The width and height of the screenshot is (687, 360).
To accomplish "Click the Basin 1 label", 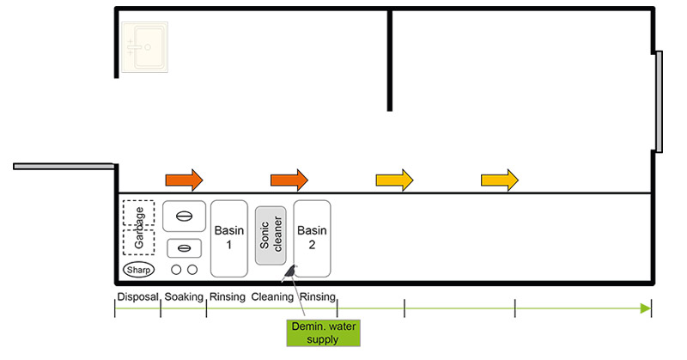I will coord(228,237).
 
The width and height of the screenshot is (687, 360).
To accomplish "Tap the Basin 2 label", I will coord(312,237).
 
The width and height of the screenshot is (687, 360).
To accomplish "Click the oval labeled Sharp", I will coord(138,270).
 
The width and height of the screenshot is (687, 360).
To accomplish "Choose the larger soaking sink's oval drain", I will coord(184,217).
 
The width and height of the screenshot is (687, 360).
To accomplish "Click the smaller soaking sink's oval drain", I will coord(184,248).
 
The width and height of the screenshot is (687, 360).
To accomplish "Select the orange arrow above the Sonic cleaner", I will coord(289,180).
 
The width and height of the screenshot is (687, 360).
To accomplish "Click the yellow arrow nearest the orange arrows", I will coord(394,180).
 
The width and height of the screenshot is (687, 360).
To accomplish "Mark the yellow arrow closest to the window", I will coord(500,180).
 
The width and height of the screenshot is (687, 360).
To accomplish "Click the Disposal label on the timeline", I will coord(137,297).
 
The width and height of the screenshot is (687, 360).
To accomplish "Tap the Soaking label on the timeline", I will coord(183,297).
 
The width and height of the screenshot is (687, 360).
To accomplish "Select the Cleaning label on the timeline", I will coord(272,297).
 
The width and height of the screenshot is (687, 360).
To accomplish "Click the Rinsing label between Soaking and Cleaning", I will coord(228,297).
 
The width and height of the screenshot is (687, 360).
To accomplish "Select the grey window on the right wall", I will coord(659,101).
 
